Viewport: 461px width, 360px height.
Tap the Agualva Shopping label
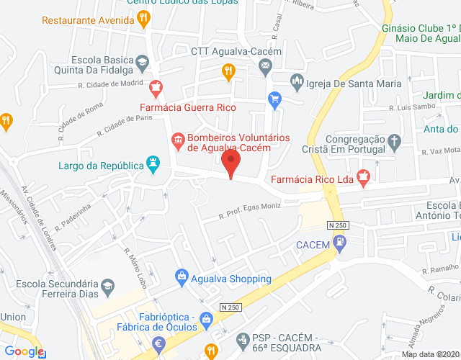click(223, 279)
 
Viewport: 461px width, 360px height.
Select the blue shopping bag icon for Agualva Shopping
click(182, 276)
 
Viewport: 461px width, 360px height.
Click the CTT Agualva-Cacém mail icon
click(265, 67)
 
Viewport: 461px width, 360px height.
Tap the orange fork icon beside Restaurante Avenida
click(145, 19)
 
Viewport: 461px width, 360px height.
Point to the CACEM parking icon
click(341, 244)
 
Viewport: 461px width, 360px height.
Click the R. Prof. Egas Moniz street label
click(251, 211)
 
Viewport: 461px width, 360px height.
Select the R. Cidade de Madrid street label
click(111, 84)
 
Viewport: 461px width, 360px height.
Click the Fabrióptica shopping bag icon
click(207, 318)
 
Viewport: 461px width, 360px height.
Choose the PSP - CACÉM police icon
click(243, 338)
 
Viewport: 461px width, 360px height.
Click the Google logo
click(24, 351)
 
